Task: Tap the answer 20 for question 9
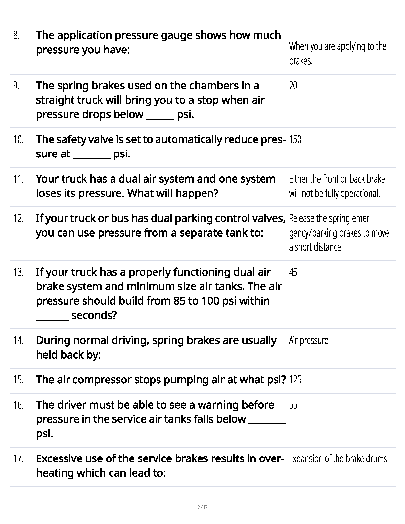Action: click(293, 86)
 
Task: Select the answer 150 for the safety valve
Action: click(295, 140)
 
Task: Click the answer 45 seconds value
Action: click(293, 273)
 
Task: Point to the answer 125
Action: click(295, 380)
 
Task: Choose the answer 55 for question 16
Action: click(293, 405)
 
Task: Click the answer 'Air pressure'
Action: click(308, 341)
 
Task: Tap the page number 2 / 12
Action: click(202, 507)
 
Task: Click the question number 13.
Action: click(18, 273)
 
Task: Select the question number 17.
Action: click(18, 459)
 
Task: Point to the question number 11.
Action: click(18, 179)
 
